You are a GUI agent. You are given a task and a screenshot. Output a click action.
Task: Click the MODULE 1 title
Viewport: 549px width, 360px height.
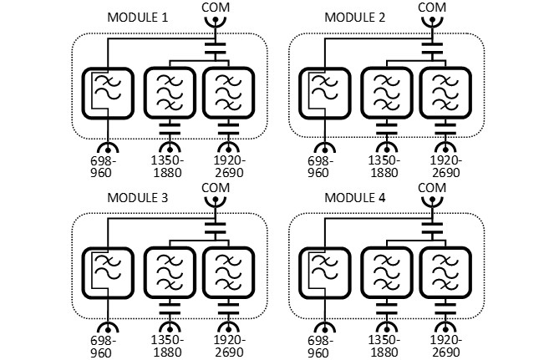click(140, 18)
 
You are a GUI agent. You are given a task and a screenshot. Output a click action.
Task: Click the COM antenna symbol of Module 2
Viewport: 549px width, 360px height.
click(431, 26)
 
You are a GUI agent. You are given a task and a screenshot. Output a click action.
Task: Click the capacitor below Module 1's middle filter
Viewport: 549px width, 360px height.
click(170, 131)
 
